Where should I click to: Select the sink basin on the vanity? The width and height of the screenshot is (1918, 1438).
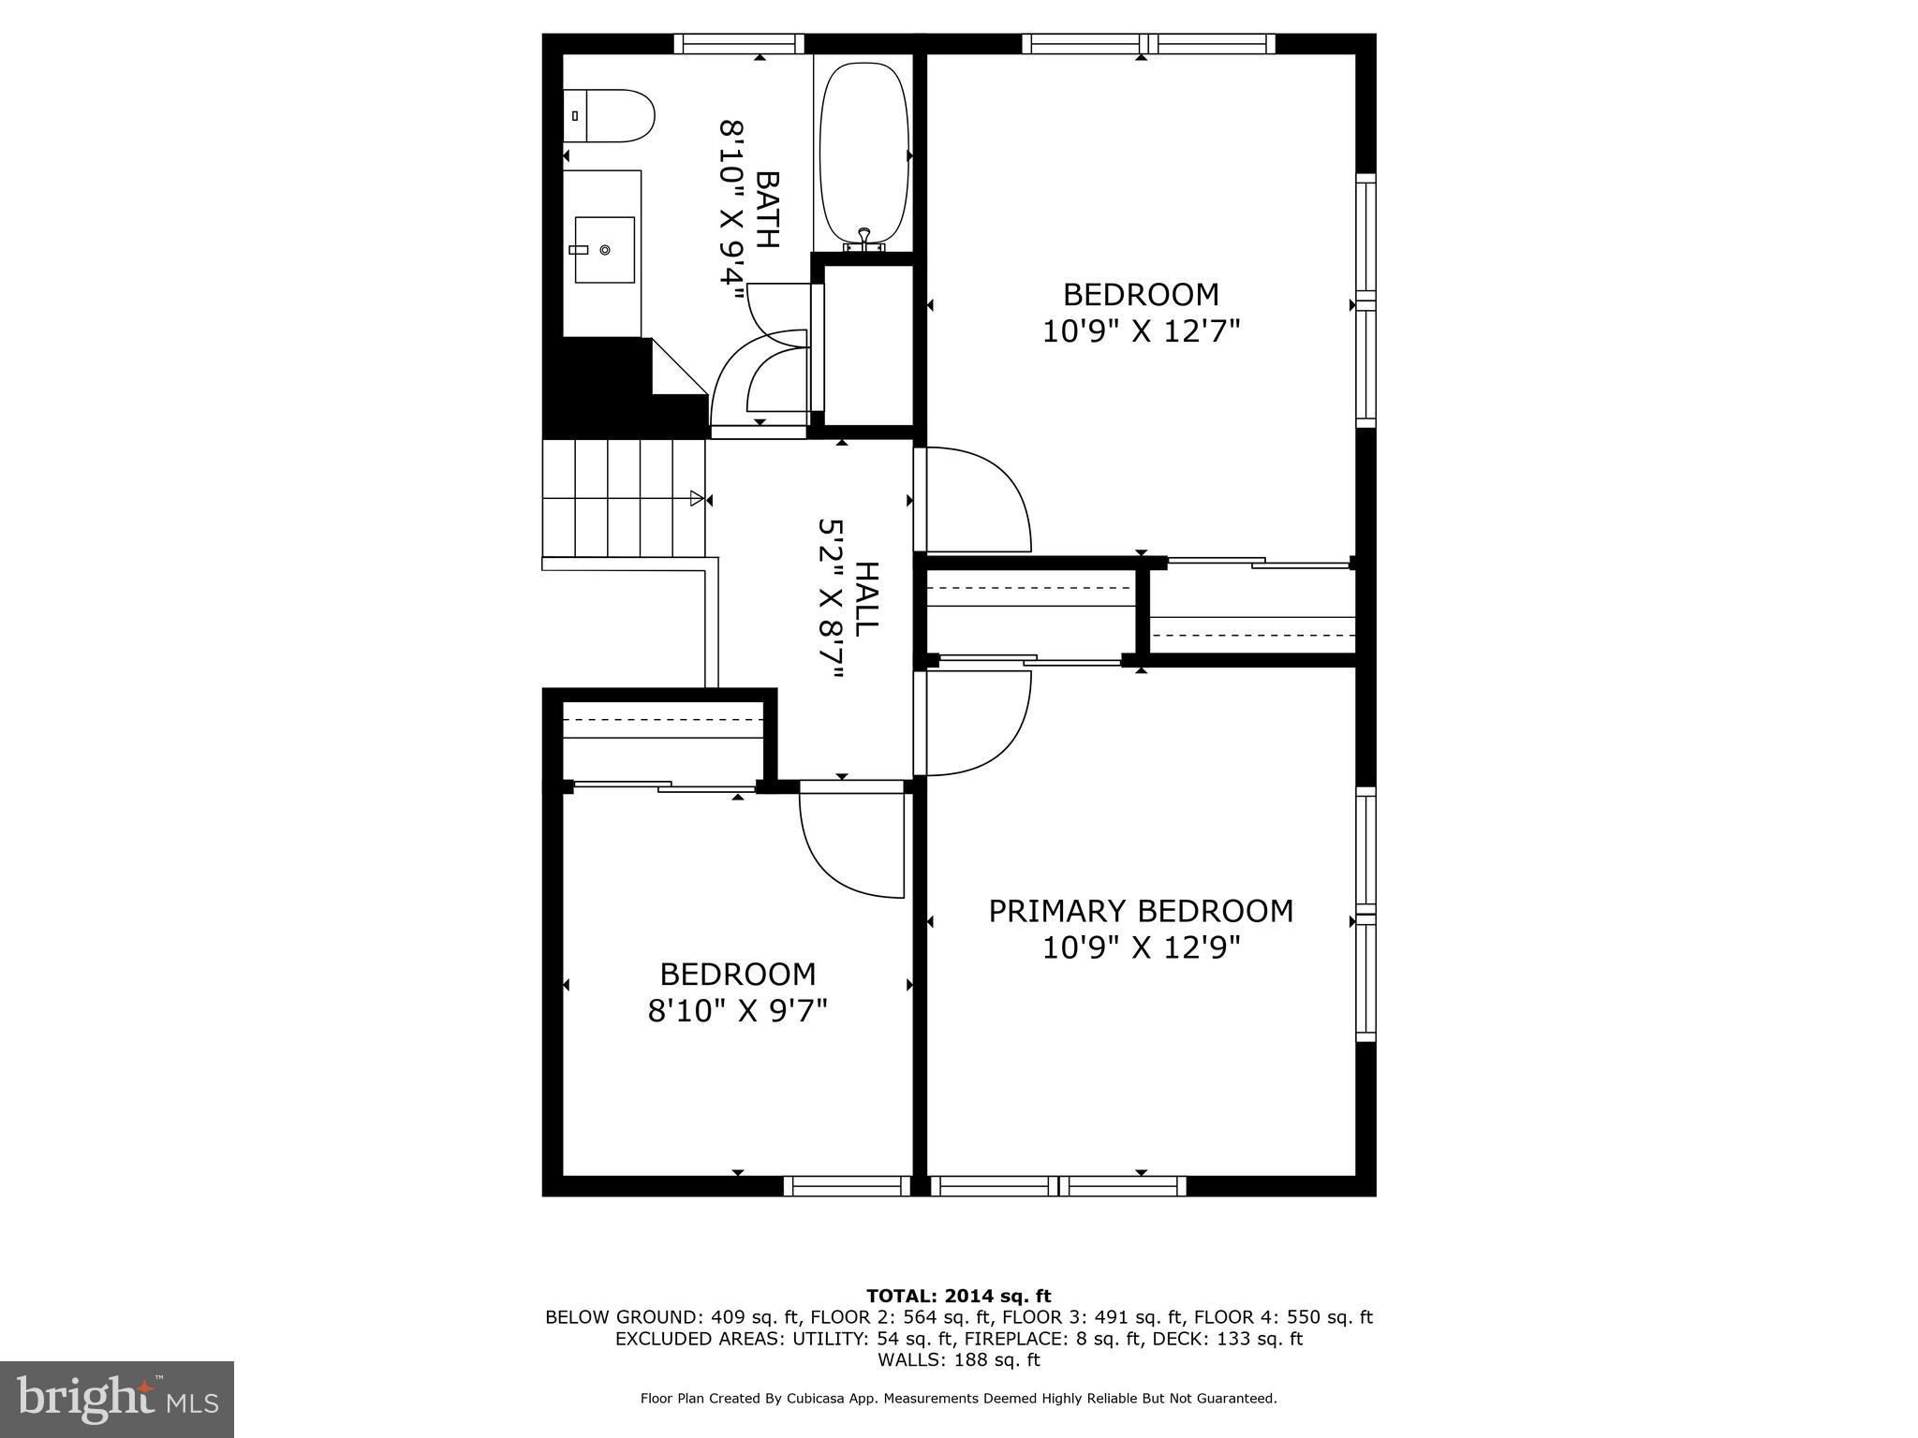[x=603, y=250]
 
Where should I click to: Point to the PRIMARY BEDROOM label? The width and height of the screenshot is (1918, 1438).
[x=1141, y=911]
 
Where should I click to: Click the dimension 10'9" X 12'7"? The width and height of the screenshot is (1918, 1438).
[x=1141, y=331]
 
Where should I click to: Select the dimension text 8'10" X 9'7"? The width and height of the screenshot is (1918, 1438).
[x=738, y=1011]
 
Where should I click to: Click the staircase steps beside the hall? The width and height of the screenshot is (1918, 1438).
[x=623, y=498]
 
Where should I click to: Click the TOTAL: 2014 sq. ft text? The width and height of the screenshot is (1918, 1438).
[x=958, y=1297]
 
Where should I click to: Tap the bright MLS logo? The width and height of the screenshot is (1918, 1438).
[x=117, y=1399]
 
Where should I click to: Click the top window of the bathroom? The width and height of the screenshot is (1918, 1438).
[x=739, y=43]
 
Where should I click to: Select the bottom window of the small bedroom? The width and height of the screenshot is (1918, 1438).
[x=847, y=1186]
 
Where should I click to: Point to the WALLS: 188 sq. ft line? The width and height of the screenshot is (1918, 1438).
[x=958, y=1360]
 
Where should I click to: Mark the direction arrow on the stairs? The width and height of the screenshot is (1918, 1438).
[x=696, y=498]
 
